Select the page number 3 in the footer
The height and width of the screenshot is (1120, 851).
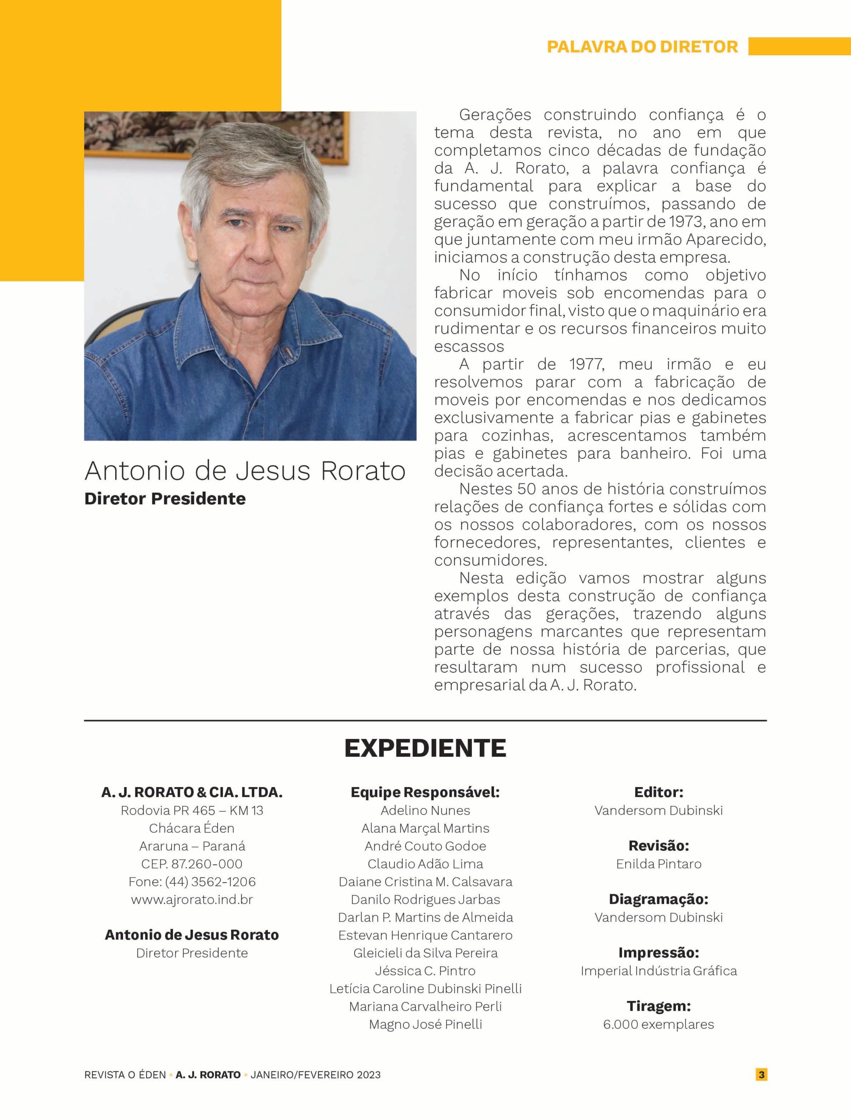761,1074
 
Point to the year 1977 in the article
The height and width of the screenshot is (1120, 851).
586,364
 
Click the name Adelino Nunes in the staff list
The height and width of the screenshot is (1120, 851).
425,810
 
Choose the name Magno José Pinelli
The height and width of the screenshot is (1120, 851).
425,1024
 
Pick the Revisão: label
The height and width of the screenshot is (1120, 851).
658,846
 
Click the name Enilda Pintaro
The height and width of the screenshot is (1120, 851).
658,864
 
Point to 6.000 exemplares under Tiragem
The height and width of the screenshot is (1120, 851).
658,1024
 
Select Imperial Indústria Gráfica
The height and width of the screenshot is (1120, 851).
658,971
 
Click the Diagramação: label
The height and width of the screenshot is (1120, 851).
658,899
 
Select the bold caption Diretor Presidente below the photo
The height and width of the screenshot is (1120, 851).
165,499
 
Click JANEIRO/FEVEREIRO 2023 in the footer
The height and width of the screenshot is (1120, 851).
315,1074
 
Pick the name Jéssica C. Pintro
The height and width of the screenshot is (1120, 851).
425,971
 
